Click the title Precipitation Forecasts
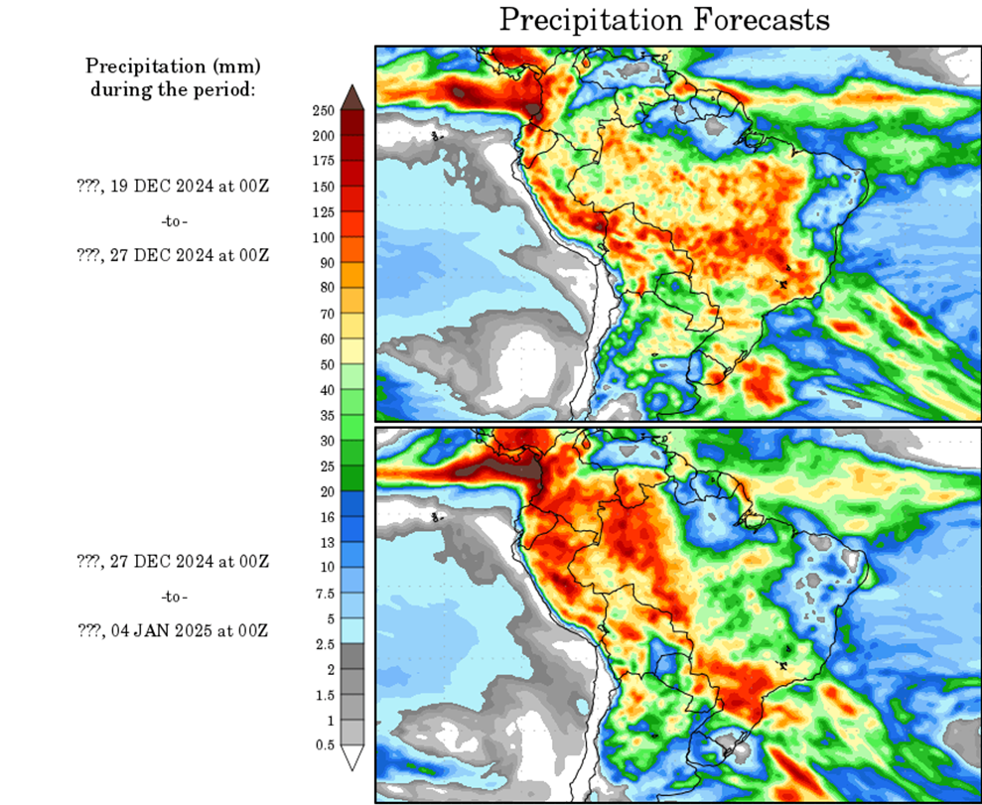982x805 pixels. pos(663,20)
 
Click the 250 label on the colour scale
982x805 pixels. pos(323,109)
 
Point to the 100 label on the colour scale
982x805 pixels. pos(323,236)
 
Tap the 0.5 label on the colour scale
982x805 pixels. pos(325,743)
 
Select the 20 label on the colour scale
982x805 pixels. pos(327,490)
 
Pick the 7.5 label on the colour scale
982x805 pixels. pos(325,593)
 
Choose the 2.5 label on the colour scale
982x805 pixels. pos(325,643)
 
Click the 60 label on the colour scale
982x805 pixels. pos(327,338)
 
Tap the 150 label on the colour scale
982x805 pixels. pos(323,186)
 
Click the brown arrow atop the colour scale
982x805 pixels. pos(351,96)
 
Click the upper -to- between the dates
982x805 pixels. pos(173,220)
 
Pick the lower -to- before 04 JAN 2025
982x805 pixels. pos(173,597)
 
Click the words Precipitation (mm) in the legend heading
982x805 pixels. pos(173,67)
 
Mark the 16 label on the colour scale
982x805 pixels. pos(327,516)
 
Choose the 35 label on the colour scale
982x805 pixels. pos(327,415)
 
